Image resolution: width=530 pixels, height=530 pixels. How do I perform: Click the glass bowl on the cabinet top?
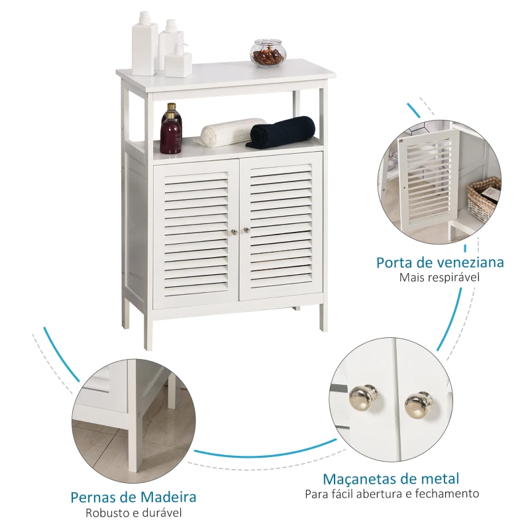[x=268, y=53]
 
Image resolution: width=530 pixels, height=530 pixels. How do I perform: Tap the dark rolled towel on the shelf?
[x=282, y=132]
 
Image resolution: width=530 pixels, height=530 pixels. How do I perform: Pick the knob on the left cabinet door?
[x=234, y=231]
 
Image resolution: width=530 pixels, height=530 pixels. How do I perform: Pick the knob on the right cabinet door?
[x=246, y=231]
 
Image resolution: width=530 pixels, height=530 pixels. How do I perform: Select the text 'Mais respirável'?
[x=439, y=278]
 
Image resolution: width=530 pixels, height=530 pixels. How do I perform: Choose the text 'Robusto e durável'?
[x=133, y=512]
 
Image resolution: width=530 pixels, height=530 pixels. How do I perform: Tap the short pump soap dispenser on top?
[x=178, y=60]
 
